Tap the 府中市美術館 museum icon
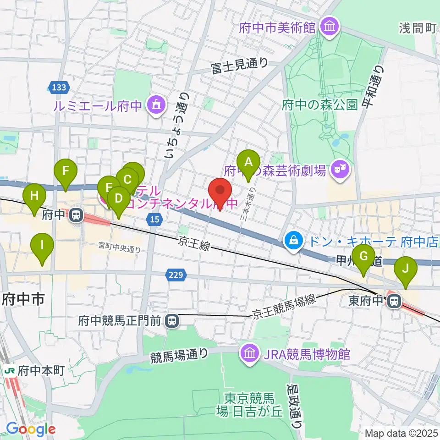coord(329,27)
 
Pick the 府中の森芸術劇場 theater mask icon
coord(340,170)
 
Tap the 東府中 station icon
coord(393,301)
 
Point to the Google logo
coord(31,429)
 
